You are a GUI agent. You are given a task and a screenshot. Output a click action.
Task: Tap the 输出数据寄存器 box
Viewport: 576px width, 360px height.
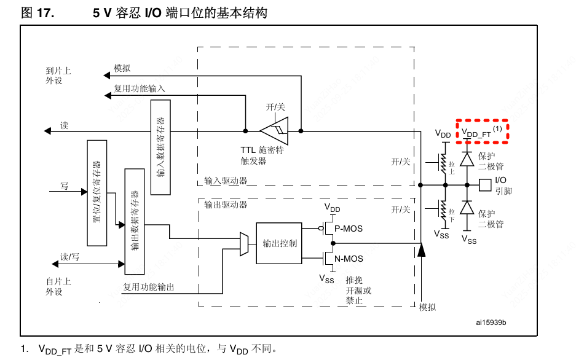(x=135, y=221)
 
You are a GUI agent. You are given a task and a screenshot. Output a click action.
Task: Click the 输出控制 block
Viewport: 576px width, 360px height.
(x=279, y=243)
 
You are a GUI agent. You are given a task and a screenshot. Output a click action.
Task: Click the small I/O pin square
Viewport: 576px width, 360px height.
(x=485, y=184)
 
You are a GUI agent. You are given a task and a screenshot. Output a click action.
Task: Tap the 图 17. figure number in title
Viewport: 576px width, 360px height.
(x=38, y=13)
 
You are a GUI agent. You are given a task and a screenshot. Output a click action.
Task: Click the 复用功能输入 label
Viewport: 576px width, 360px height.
(x=140, y=88)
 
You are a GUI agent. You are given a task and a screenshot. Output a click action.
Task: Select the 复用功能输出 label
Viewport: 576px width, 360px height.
(x=149, y=286)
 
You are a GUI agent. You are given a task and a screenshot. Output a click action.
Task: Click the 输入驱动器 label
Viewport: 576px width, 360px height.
(x=226, y=181)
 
